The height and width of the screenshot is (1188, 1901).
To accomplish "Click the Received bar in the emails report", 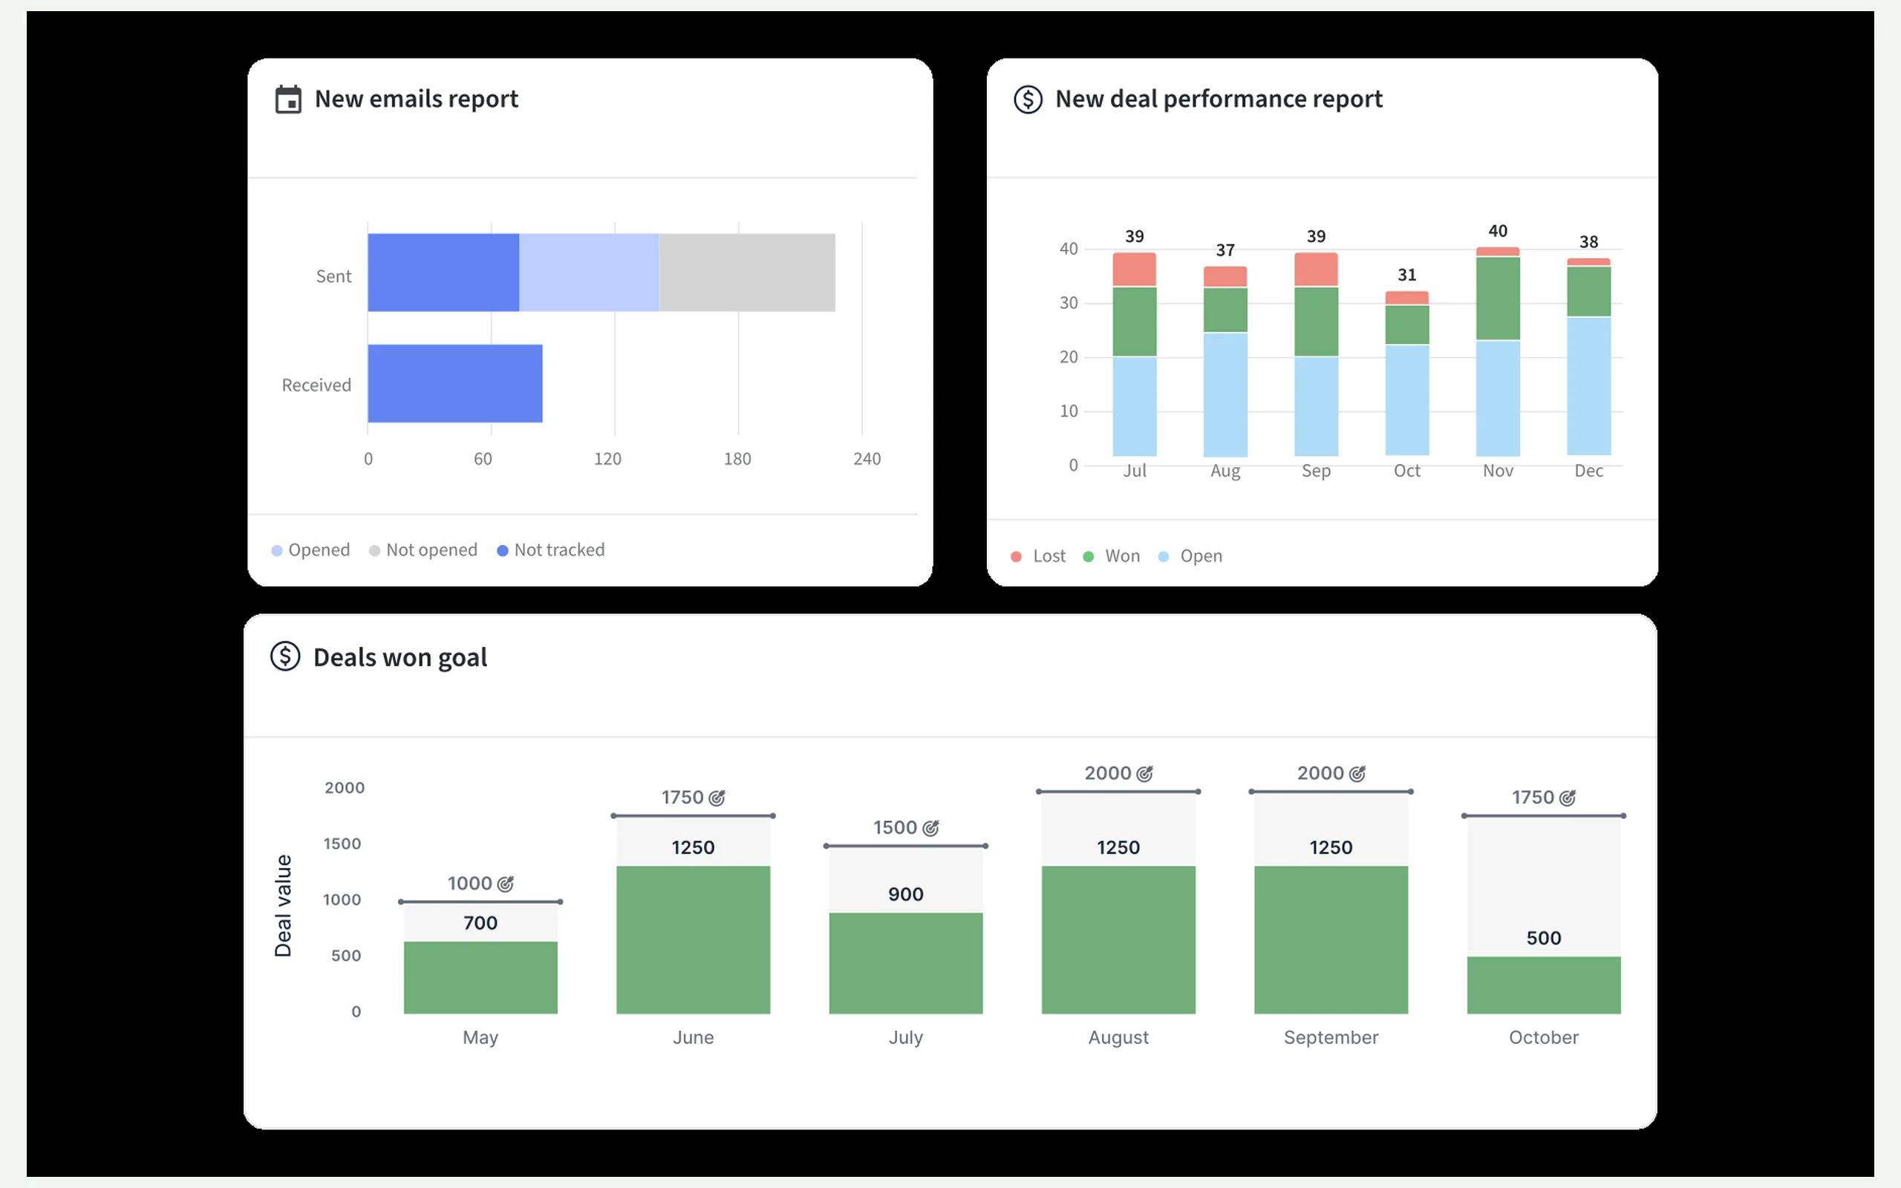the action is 454,383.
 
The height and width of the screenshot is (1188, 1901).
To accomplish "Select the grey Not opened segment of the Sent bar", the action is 747,272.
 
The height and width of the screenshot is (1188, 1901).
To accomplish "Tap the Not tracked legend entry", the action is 551,550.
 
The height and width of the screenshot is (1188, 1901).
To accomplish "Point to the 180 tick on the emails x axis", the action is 737,459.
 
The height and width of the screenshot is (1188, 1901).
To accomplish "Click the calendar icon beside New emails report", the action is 288,99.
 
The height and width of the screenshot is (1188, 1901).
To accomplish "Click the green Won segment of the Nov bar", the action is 1498,298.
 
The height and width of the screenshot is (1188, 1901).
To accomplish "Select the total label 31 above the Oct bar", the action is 1407,275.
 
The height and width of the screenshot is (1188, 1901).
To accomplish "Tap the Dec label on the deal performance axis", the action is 1588,471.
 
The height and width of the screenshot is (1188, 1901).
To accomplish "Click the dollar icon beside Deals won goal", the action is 285,656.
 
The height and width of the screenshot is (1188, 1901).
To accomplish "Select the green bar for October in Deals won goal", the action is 1544,985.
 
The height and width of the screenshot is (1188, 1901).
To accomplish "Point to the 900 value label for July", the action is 906,894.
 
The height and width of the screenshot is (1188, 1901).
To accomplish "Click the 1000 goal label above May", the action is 470,883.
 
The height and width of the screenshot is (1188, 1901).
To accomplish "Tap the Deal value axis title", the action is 283,906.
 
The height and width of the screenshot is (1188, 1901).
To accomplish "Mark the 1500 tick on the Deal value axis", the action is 342,844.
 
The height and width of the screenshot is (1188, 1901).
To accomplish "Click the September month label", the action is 1331,1038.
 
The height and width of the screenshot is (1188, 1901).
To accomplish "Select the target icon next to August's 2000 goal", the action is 1145,774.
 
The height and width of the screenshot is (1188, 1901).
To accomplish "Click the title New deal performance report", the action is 1219,99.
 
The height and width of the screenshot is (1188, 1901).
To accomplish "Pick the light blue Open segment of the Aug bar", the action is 1225,394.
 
